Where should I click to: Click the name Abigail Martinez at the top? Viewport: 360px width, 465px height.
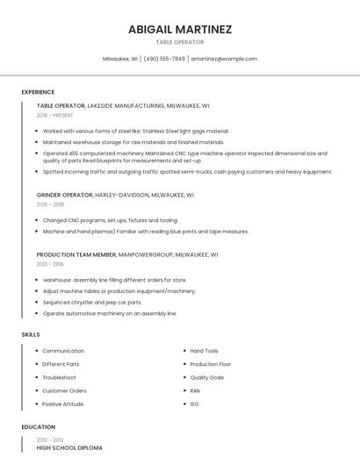tap(180, 29)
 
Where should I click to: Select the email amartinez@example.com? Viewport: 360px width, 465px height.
tap(224, 59)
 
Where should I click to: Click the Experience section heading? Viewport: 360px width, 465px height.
tap(38, 92)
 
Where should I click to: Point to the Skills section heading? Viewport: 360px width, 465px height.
tap(31, 334)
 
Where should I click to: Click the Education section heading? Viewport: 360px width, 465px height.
tap(38, 426)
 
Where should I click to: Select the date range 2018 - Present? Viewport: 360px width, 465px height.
tap(54, 115)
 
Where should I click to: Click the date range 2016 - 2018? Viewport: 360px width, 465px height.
tap(50, 204)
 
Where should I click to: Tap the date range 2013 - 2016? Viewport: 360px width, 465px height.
tap(50, 263)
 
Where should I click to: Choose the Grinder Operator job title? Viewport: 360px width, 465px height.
tap(64, 195)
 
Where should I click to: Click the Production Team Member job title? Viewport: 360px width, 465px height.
tap(76, 254)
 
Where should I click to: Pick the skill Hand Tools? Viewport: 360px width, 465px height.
tap(204, 351)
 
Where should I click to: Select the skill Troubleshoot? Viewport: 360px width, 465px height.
tap(59, 377)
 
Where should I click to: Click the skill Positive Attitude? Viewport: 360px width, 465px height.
tap(62, 404)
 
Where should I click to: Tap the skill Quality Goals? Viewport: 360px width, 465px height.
tap(206, 377)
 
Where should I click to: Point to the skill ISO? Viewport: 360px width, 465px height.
tap(194, 404)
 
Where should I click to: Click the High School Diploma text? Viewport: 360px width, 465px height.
tap(69, 447)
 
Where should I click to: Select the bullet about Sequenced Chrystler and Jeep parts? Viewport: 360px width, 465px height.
tap(91, 302)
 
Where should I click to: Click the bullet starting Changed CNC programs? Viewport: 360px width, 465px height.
tap(110, 220)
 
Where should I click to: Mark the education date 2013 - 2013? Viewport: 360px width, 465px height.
tap(50, 440)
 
